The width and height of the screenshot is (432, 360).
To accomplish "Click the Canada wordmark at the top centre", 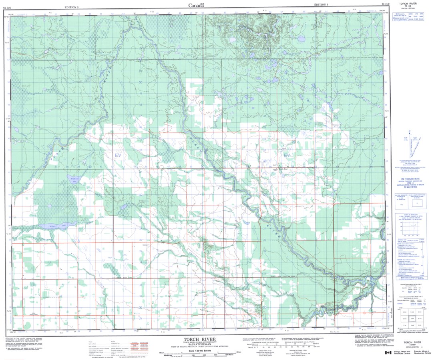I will coord(196,5).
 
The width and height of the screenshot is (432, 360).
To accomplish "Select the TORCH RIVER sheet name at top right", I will coord(410,4).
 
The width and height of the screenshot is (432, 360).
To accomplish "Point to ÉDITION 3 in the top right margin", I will coord(321,4).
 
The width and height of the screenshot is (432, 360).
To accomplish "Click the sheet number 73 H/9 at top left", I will coord(7,4).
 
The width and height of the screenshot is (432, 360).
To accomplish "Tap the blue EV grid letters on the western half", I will coord(117,155).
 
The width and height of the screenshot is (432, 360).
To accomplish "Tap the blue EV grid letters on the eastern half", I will coord(286,155).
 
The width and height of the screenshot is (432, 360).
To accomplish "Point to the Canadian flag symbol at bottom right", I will coord(388,353).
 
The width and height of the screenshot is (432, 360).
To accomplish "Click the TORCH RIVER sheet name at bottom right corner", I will coord(412,342).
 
